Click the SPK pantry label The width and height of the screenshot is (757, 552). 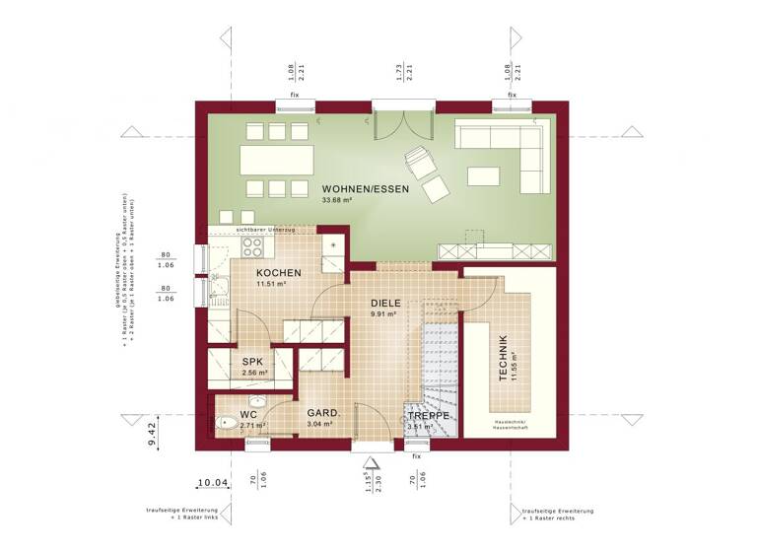tap(251, 362)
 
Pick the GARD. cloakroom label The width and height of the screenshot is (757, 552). tap(322, 413)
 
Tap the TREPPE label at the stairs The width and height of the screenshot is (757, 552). tap(430, 416)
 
